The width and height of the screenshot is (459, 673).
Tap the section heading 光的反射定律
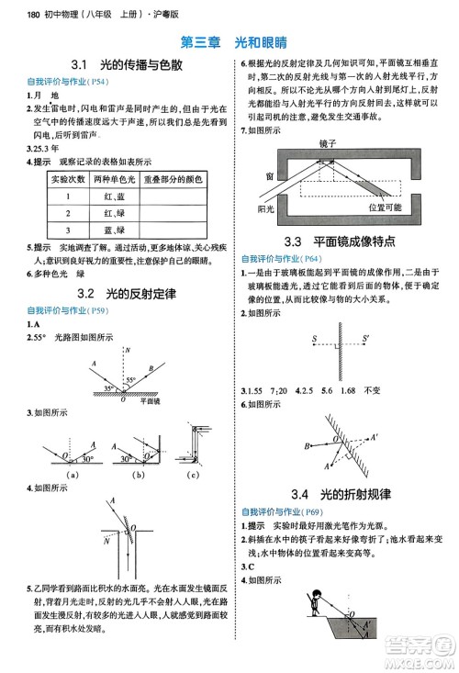[138, 294]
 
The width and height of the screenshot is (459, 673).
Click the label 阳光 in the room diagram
[266, 209]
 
